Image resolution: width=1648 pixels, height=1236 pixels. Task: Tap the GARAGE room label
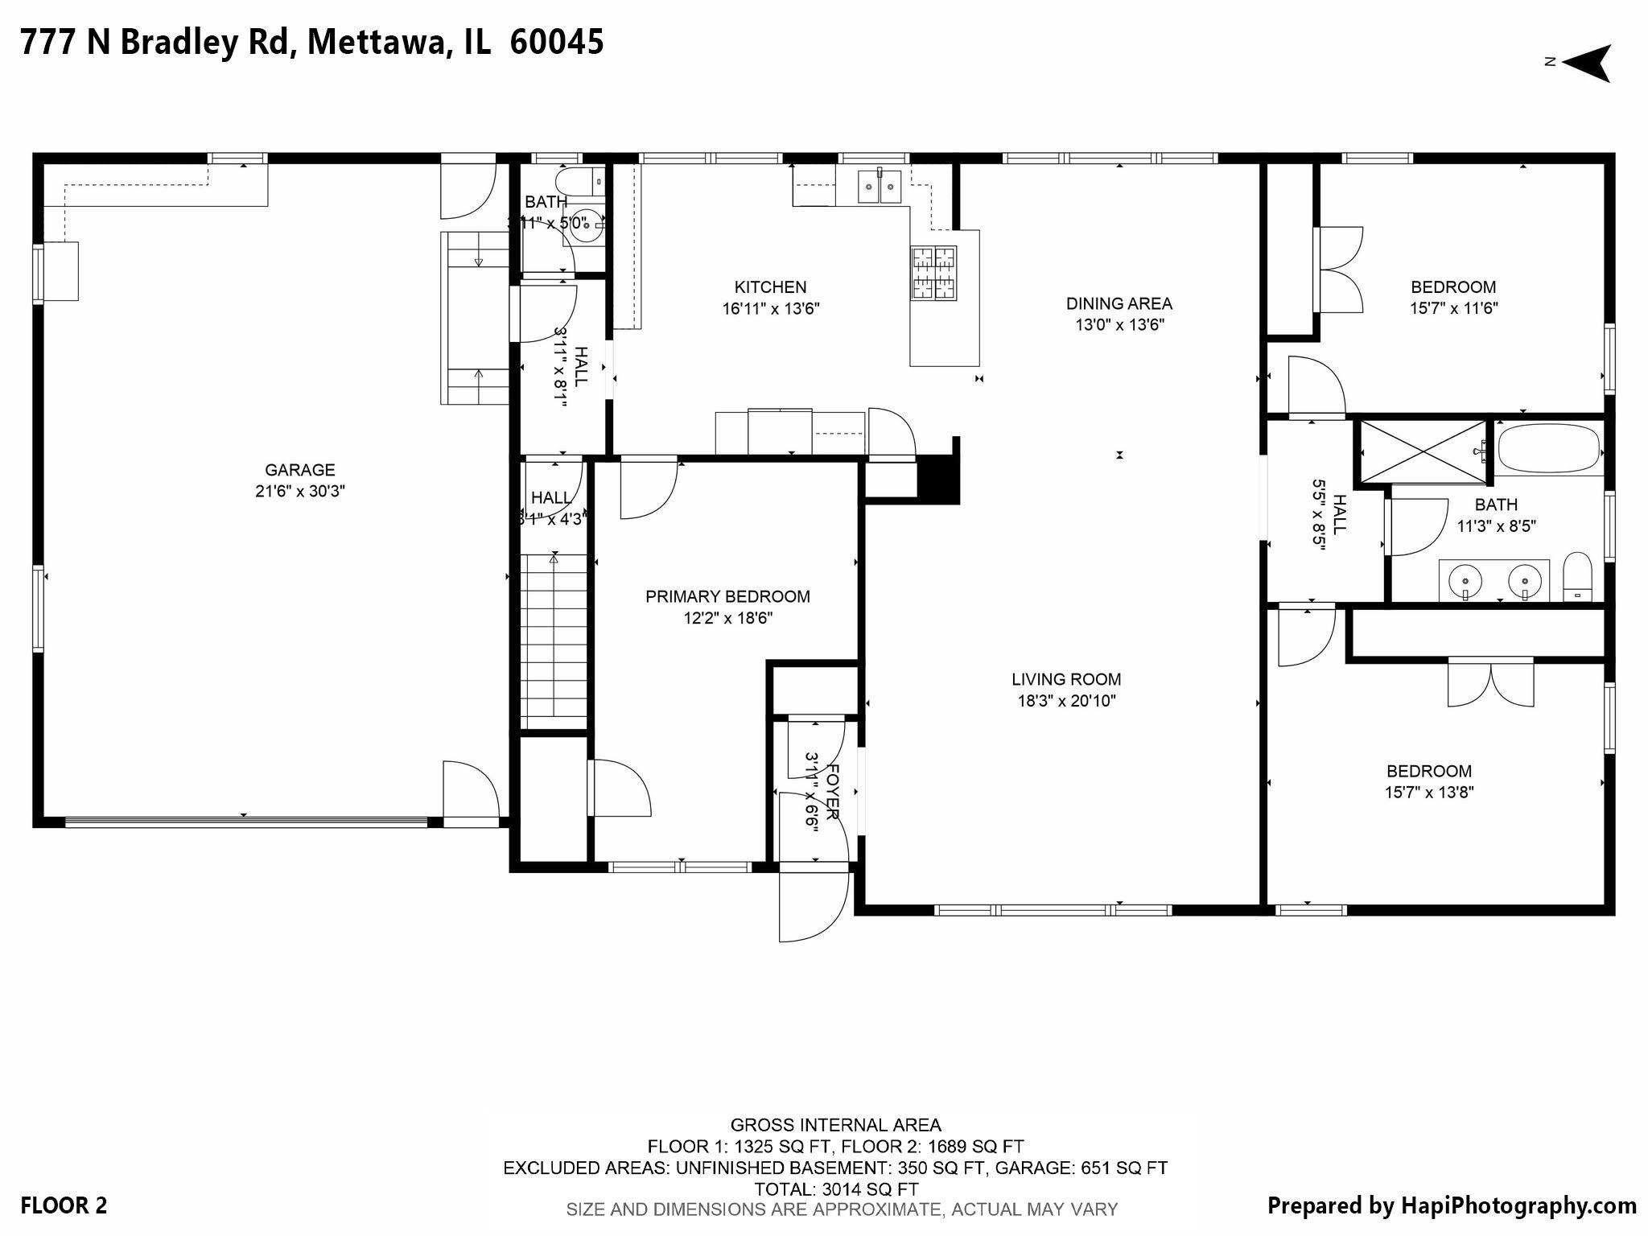(300, 470)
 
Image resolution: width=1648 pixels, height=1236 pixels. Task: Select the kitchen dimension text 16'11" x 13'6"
(770, 308)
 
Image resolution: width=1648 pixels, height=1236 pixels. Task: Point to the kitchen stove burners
(933, 273)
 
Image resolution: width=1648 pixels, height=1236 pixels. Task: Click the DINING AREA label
(1119, 303)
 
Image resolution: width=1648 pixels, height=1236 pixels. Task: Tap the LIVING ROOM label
(1066, 679)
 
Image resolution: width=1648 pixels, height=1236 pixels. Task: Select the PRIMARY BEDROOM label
(727, 596)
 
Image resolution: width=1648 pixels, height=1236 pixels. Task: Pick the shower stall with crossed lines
(1423, 451)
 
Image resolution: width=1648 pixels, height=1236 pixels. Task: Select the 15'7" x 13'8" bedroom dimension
(1429, 792)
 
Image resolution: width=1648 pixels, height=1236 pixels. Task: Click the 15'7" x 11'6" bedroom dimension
(1453, 308)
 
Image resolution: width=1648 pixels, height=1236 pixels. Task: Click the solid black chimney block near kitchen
(938, 480)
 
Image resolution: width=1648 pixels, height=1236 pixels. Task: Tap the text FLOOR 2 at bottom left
(64, 1205)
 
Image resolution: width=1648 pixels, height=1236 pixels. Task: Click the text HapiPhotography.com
(1518, 1205)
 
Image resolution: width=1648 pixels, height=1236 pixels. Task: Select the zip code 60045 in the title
(556, 42)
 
